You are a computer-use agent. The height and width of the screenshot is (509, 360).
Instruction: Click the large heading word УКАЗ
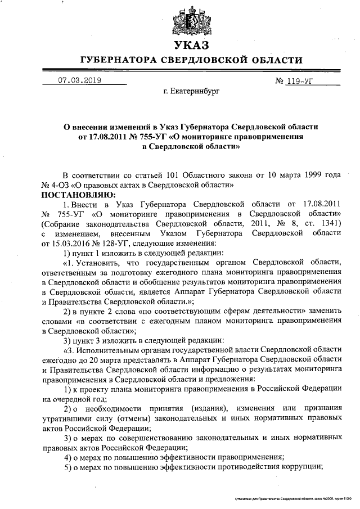coord(191,44)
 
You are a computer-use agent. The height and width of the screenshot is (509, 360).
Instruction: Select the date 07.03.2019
coord(79,80)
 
